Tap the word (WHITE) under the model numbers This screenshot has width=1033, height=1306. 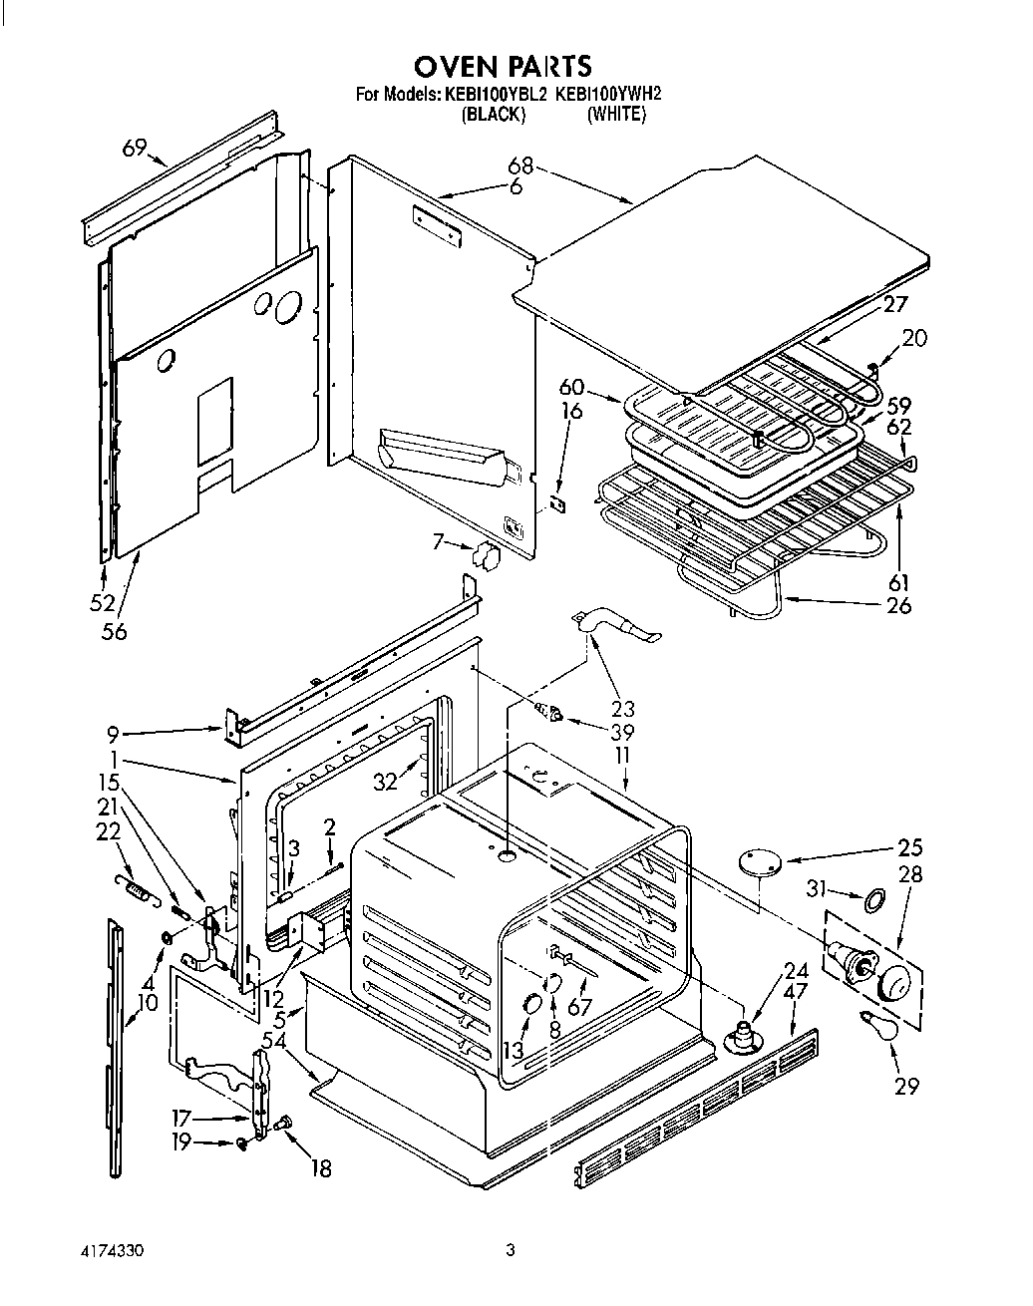pos(615,115)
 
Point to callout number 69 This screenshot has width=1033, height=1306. pos(136,149)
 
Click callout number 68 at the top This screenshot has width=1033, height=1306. pos(520,165)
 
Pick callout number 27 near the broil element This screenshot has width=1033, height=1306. pos(894,306)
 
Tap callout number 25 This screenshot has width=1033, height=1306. pos(909,847)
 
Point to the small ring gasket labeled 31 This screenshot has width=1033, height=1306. pos(873,901)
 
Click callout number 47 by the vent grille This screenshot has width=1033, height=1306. pos(795,992)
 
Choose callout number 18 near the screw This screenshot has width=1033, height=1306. pos(320,1168)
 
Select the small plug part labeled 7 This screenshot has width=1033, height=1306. pos(489,556)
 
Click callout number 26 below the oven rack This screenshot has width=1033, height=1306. pos(898,604)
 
